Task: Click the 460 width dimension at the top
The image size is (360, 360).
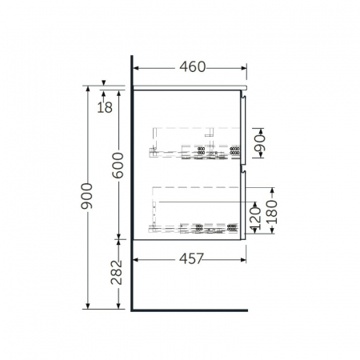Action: point(193,67)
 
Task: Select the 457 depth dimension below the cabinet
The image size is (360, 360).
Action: point(191,258)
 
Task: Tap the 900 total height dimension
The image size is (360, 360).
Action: point(87,196)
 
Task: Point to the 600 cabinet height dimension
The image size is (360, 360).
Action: point(118,166)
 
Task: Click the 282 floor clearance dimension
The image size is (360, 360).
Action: point(117,272)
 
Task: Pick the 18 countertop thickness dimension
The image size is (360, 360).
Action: point(105,107)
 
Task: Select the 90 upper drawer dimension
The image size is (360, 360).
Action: point(260,142)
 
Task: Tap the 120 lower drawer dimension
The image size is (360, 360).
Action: point(255,218)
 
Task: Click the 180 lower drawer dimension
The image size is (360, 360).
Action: point(272,211)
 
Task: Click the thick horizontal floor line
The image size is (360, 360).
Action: point(190,310)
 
